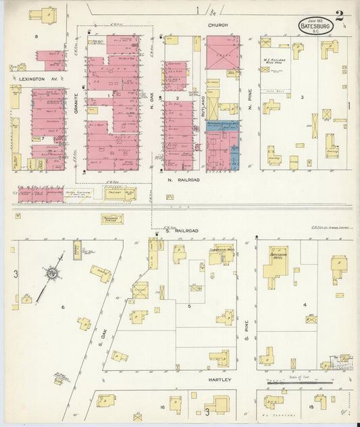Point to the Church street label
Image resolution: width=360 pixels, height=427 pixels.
tap(217, 25)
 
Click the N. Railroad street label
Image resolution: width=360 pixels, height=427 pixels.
tap(183, 180)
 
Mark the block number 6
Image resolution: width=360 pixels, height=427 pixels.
tap(63, 307)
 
